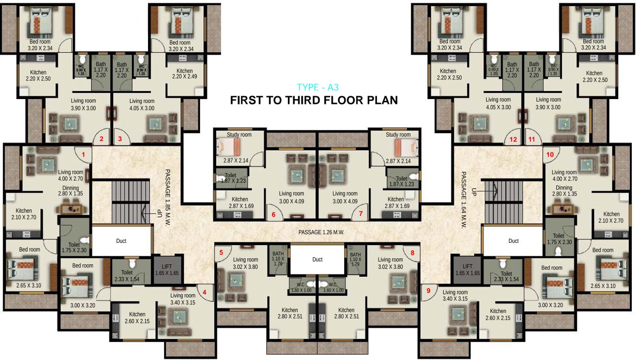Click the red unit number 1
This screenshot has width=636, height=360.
click(x=83, y=154)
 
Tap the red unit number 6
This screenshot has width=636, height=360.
click(x=274, y=214)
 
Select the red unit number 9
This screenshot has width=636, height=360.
click(x=428, y=290)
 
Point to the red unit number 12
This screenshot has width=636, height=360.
click(x=513, y=140)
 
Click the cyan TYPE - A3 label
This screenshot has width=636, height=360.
click(x=318, y=87)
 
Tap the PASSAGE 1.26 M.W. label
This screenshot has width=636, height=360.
click(x=321, y=232)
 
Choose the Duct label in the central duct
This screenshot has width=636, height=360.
click(x=318, y=260)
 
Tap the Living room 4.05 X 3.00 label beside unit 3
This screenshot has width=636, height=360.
click(x=142, y=104)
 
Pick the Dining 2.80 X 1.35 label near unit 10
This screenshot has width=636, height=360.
click(x=564, y=191)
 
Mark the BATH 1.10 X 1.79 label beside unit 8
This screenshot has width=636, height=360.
click(x=356, y=259)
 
